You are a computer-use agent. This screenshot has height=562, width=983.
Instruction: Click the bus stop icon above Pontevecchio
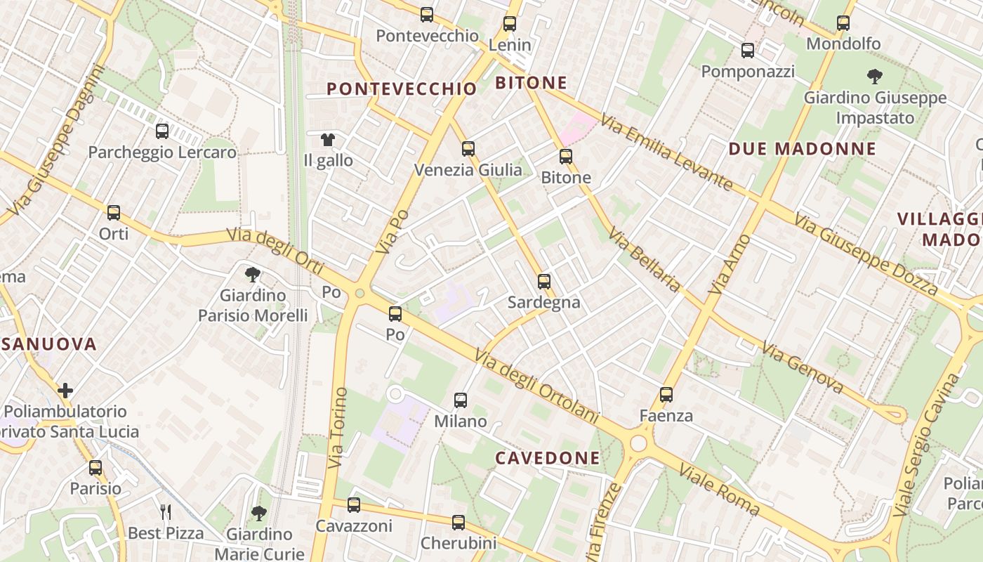[426, 14]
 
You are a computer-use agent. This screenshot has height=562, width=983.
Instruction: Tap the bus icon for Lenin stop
[510, 23]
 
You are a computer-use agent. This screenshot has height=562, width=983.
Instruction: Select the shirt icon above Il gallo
[328, 139]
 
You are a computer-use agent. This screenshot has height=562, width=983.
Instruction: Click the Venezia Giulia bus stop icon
[468, 148]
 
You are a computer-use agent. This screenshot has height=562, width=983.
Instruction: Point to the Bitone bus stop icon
[566, 156]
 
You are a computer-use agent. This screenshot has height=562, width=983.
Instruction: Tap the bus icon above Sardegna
[544, 281]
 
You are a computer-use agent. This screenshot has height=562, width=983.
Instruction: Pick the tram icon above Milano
[461, 400]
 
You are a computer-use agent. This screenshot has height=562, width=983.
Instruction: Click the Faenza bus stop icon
[666, 395]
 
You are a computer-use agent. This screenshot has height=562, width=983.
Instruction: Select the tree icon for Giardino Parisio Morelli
[253, 274]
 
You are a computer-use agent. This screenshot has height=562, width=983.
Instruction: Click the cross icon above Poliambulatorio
[65, 391]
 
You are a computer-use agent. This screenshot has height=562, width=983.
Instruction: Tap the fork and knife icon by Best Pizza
[166, 512]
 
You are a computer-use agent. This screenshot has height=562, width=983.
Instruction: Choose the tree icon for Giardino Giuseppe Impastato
[875, 76]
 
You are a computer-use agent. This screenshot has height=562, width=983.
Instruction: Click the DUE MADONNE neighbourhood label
[803, 149]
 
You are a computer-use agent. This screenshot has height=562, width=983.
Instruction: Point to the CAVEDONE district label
[548, 458]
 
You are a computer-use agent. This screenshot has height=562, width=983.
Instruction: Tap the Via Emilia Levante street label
[667, 154]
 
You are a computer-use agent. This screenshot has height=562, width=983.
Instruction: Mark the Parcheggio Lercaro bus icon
[162, 131]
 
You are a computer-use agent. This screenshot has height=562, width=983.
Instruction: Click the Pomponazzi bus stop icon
[748, 51]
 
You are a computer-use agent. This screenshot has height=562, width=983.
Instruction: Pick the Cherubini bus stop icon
[458, 522]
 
